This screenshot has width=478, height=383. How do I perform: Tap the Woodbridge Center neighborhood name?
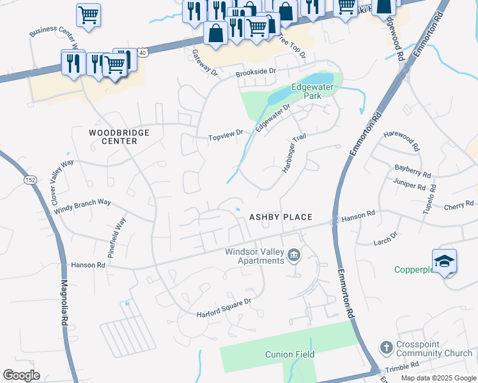(119, 137)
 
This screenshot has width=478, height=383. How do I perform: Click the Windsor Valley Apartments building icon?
(293, 256)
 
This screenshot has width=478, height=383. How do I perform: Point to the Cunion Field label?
(289, 354)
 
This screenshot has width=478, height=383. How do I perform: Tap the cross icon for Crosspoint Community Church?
(385, 348)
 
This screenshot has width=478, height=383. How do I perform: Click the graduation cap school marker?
(444, 262)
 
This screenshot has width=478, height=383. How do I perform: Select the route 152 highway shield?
(30, 180)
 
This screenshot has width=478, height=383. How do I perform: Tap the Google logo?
(21, 375)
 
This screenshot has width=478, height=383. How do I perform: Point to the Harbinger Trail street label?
(291, 154)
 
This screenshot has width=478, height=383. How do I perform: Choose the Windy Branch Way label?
(82, 206)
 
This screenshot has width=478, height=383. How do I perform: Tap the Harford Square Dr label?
(224, 308)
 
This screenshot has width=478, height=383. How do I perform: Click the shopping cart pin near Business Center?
(88, 15)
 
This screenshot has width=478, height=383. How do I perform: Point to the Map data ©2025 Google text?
(438, 378)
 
